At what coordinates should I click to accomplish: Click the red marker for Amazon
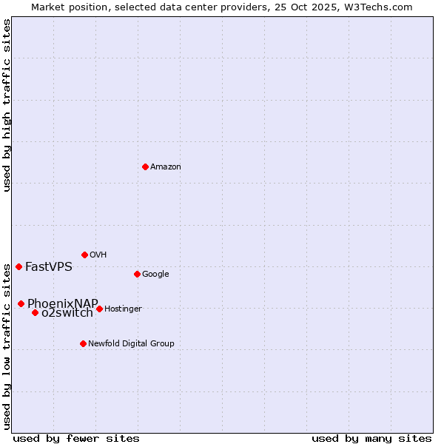pos(145,166)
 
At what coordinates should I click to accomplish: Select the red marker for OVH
pos(84,255)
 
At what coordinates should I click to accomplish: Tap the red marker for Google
pos(137,274)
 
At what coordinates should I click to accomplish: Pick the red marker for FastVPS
pos(18,266)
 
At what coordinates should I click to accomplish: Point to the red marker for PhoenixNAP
pos(21,303)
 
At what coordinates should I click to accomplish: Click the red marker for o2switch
pos(35,312)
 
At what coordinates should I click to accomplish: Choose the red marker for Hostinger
pos(99,309)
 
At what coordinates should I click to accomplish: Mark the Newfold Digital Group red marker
pos(83,343)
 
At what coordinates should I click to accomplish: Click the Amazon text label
pos(166,167)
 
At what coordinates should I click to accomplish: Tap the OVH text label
pos(98,255)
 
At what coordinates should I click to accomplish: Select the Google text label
pos(155,275)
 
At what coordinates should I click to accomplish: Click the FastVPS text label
pos(49,267)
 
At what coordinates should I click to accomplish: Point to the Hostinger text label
pos(123,309)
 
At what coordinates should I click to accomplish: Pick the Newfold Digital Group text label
pos(131,344)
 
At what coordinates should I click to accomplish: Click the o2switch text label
pos(67,313)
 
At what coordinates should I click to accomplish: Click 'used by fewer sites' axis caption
pos(76,438)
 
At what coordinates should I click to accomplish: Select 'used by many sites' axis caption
pos(371,438)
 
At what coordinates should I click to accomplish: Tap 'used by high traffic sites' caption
pos(7,105)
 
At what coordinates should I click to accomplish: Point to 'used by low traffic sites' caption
pos(7,346)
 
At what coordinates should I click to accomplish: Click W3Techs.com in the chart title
pos(377,7)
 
